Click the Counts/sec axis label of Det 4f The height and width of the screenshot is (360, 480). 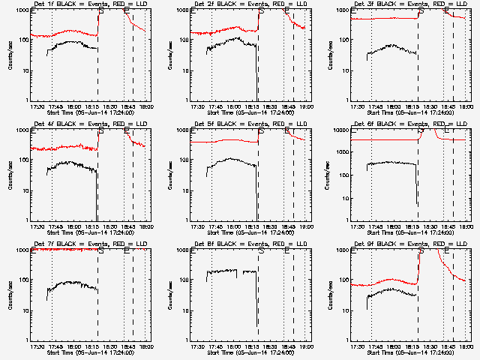point(10,175)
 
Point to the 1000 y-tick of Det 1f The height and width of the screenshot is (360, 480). point(24,11)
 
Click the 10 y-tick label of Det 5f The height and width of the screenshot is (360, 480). point(187,190)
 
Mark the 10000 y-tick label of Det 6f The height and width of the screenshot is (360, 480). point(343,131)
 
